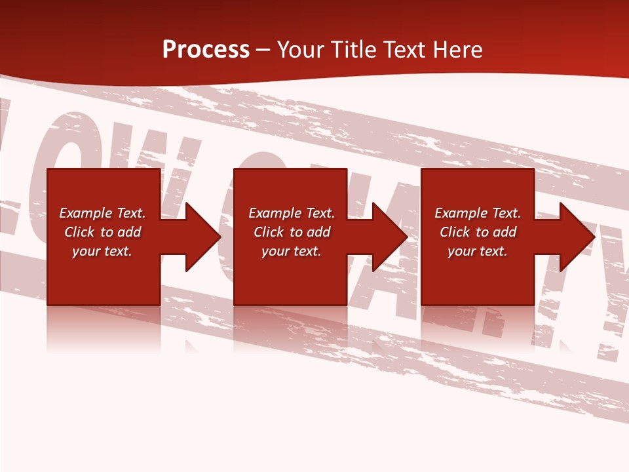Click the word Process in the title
(206, 50)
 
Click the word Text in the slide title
(404, 50)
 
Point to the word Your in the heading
(302, 50)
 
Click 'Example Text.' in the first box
(102, 213)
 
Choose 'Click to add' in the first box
(102, 232)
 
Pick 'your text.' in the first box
(102, 251)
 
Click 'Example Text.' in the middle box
(292, 213)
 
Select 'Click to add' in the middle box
(292, 232)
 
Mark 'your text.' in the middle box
(292, 251)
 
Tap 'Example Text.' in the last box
(478, 213)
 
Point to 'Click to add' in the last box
(478, 232)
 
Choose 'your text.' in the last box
(478, 251)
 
